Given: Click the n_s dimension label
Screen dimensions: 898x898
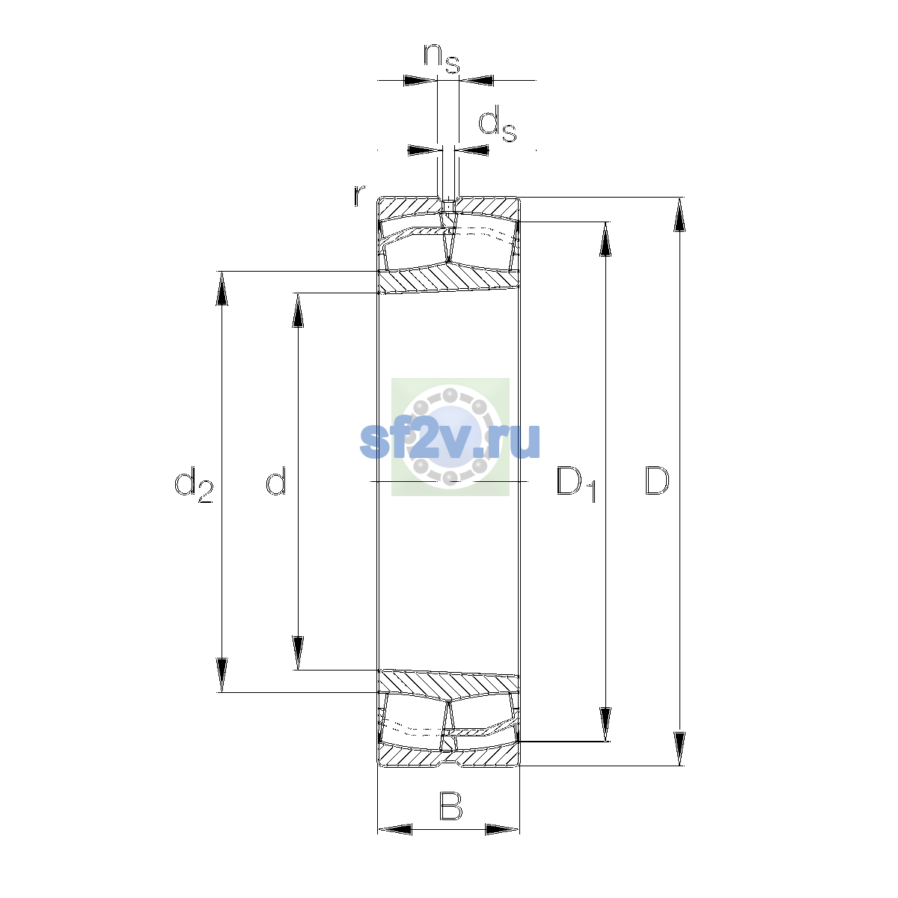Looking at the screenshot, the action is click(442, 58).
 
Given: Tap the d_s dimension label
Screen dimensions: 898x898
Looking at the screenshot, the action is click(497, 123).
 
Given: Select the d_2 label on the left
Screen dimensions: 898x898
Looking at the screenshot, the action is click(193, 484).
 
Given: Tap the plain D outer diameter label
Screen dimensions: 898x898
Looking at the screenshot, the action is click(656, 480).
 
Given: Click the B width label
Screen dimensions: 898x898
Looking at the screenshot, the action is click(450, 806).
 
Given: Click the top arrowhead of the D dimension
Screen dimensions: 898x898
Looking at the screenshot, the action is click(679, 215).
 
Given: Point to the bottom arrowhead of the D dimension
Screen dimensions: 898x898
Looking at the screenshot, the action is click(679, 749).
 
